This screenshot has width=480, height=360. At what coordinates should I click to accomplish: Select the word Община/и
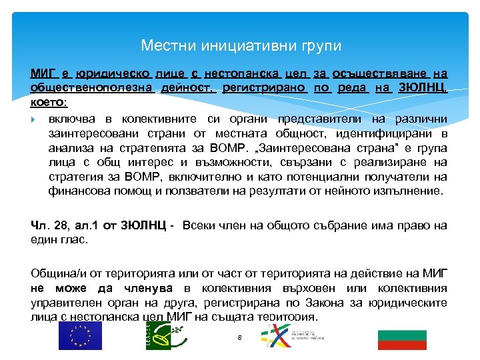[57, 273]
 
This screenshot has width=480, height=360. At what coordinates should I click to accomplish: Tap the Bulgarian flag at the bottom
[401, 339]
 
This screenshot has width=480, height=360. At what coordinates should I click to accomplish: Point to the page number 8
[239, 338]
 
